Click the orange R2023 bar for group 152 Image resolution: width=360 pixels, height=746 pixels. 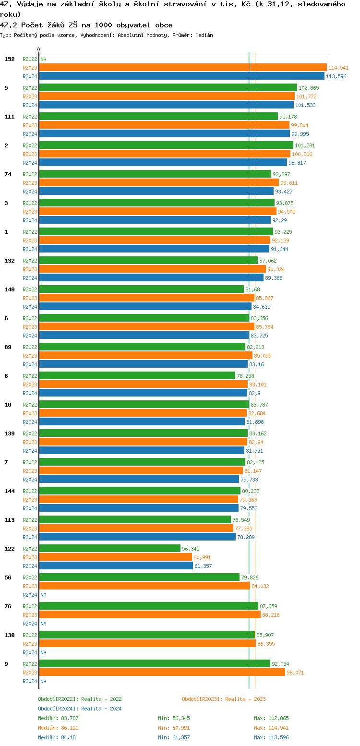coord(182,68)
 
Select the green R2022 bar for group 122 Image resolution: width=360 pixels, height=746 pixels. coord(110,549)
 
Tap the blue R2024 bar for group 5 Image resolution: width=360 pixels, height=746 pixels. coord(166,105)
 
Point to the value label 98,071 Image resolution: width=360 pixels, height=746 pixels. coord(295,673)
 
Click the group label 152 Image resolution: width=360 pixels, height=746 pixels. coord(9,59)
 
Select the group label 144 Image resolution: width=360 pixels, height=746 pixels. coord(9,491)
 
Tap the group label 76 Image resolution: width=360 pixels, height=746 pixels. coord(8,606)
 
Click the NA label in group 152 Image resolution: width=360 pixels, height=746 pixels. coord(43,59)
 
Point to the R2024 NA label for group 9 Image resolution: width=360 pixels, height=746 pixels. coord(43,681)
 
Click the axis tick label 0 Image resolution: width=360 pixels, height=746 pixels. coord(39,49)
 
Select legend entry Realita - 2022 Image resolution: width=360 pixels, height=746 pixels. coord(80,699)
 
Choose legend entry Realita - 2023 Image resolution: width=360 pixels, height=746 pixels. coord(224,699)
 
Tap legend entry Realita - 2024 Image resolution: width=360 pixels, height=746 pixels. coord(80,709)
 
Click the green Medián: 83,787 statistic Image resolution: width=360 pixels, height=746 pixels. coord(58,718)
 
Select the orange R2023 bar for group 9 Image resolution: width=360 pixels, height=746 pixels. coord(162,673)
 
